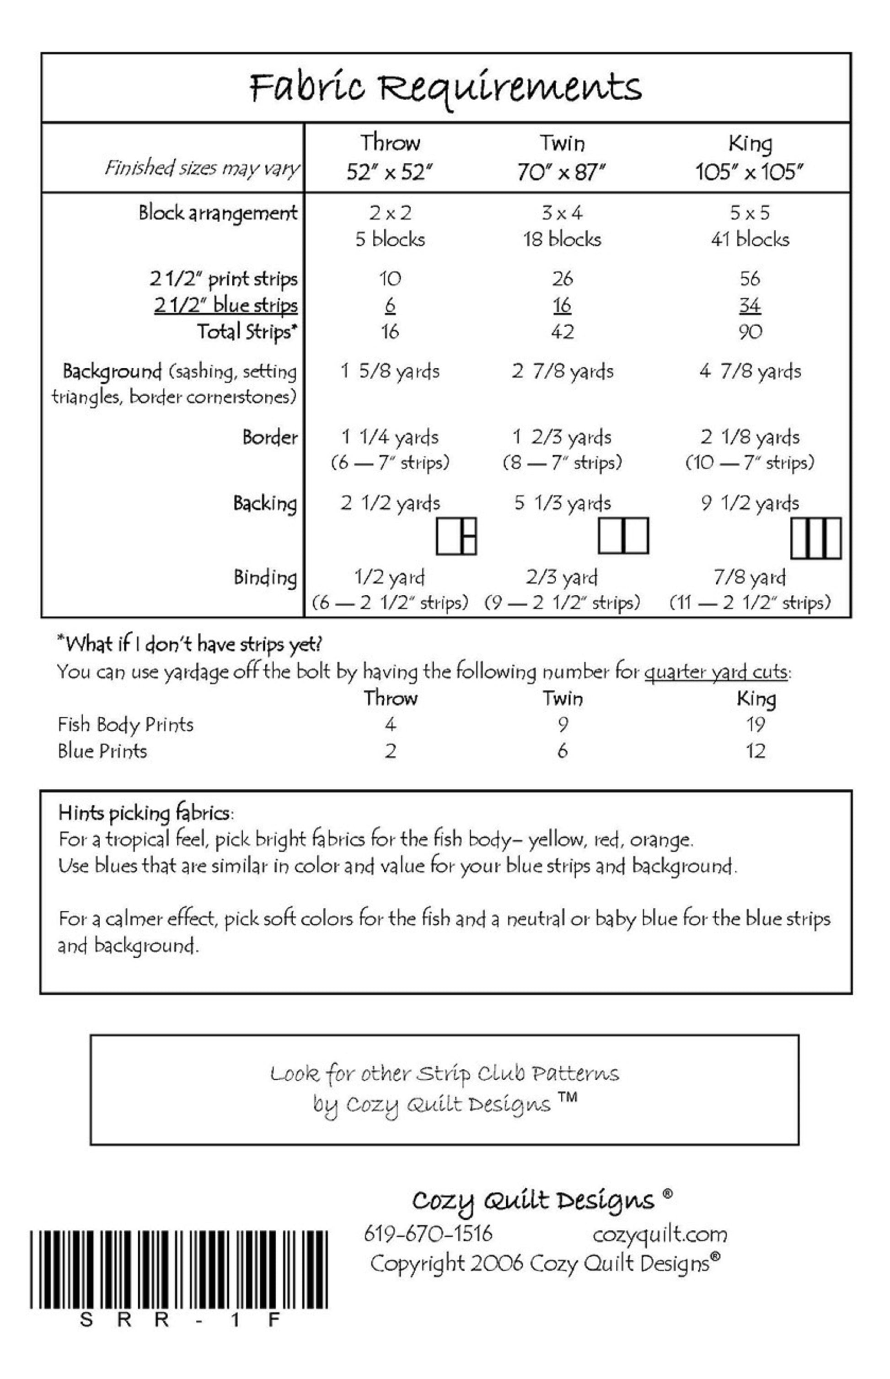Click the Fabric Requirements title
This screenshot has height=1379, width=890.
pos(445,88)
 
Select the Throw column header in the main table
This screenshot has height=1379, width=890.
pos(390,143)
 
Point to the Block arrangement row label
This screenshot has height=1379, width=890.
pos(218,213)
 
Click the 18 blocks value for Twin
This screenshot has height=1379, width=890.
pos(562,239)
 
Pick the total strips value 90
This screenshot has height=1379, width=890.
pos(750,332)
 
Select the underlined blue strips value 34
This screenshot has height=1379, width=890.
pos(750,305)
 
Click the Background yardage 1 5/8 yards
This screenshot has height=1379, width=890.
pos(390,371)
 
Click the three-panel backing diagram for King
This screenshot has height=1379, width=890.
pos(815,539)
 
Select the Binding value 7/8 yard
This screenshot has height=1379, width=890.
pos(750,577)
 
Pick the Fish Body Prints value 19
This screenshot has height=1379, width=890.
pos(756,724)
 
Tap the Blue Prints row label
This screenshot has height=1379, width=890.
pos(102,751)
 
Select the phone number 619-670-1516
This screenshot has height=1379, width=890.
pos(428,1234)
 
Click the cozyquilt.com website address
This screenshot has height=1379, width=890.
pos(659,1234)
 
